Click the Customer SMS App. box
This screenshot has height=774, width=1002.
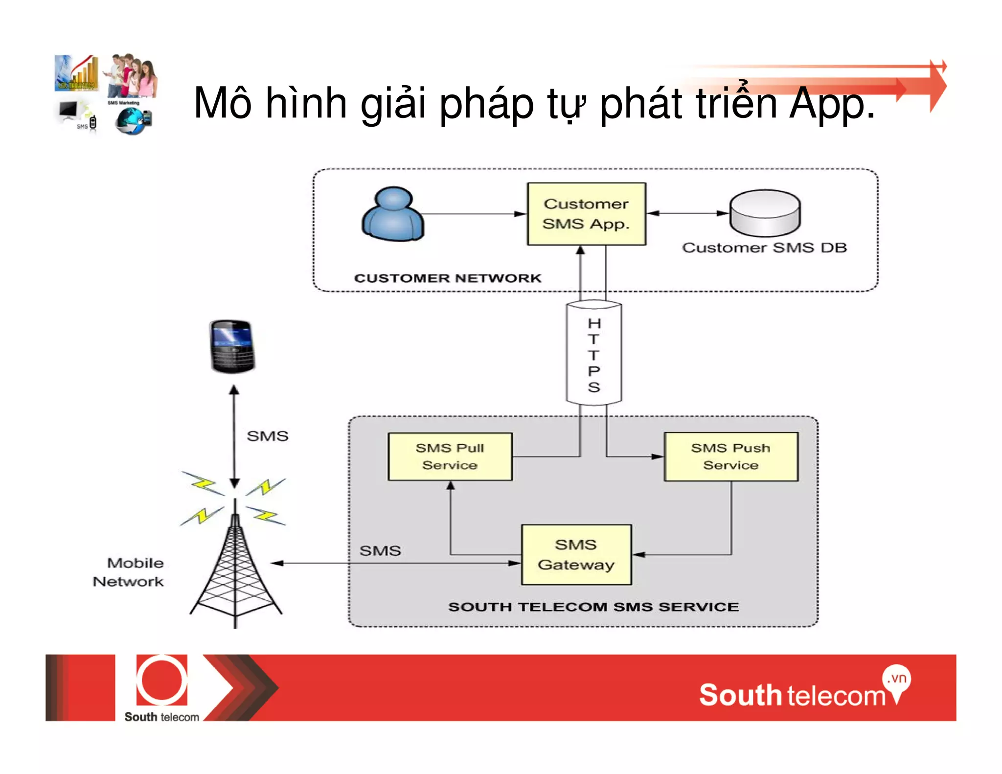586,214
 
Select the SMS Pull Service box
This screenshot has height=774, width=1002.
450,456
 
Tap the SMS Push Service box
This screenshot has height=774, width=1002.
731,456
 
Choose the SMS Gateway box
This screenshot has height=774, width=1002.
576,555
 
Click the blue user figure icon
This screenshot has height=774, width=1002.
393,215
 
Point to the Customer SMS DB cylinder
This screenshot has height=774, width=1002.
765,213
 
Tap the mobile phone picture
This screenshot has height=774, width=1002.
232,346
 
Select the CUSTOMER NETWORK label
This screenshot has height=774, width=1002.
448,278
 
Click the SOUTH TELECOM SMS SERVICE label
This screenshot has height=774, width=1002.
593,607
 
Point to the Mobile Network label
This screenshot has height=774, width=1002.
129,572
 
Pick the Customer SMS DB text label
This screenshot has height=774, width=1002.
764,248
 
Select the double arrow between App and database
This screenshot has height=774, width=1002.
687,213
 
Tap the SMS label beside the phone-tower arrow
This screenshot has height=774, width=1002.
268,436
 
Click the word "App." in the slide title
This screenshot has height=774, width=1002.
832,103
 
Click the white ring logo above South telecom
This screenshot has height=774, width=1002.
161,681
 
